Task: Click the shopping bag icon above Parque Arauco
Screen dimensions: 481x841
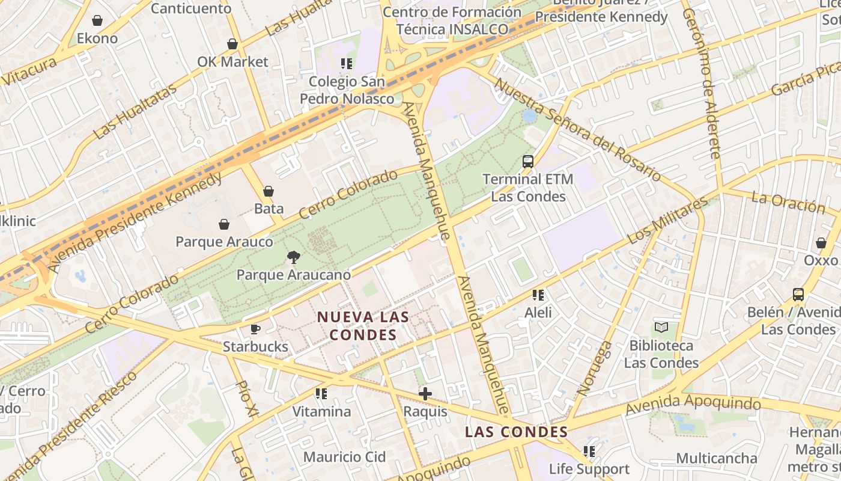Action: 224,224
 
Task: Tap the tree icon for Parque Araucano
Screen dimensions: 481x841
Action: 293,257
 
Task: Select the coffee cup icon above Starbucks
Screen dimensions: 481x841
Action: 255,329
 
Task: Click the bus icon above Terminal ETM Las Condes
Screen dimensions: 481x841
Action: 528,161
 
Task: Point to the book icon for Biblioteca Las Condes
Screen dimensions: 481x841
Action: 661,328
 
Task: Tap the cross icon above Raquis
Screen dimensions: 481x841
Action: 425,394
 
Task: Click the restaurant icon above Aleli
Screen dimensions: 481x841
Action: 538,295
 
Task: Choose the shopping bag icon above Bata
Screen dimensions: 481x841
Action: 269,191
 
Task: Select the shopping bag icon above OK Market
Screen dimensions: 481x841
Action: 232,44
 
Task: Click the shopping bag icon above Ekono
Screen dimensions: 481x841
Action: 97,20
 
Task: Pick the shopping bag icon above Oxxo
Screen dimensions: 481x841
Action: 821,243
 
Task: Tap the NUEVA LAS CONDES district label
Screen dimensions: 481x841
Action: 363,325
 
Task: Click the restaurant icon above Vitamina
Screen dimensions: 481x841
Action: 321,394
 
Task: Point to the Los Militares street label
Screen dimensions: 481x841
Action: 667,221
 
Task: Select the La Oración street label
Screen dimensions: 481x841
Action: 788,202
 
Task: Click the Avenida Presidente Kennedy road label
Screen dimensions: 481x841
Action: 136,222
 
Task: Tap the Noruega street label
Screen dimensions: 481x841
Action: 595,368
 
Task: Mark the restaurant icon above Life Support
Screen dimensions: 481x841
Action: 589,451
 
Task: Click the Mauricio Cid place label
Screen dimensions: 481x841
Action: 344,457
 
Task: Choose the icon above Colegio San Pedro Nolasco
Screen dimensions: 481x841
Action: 347,63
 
